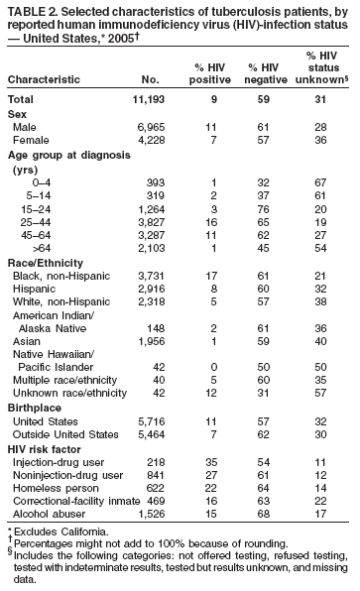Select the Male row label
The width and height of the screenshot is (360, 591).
30,128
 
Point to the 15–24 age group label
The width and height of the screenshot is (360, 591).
45,209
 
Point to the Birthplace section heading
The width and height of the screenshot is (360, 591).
35,409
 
